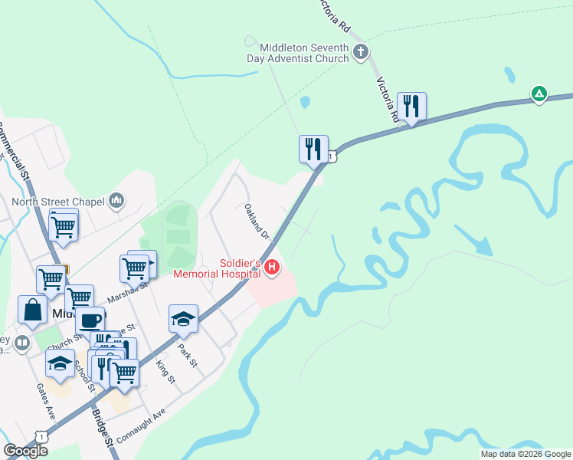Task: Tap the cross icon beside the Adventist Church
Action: coord(361,52)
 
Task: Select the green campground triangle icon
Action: coord(539,94)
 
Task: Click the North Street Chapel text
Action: coord(58,202)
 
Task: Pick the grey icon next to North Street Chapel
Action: coord(116,201)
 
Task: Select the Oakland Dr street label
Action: coord(257,221)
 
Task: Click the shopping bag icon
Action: coord(33,310)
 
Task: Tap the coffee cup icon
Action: coord(90,320)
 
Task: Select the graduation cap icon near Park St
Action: coord(183,318)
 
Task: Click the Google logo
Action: coord(25,451)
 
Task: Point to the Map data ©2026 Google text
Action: coord(526,454)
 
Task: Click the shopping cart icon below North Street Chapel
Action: coord(64,225)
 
